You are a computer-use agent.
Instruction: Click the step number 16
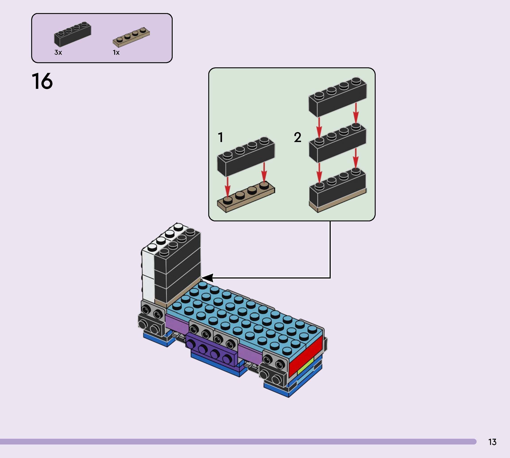click(42, 81)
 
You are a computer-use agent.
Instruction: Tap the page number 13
click(492, 442)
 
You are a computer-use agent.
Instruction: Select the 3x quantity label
click(58, 52)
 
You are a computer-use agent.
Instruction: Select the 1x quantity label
click(116, 52)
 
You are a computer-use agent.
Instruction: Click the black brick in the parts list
click(72, 35)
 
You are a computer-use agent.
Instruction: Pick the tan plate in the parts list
click(131, 38)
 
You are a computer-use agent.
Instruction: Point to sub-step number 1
click(221, 137)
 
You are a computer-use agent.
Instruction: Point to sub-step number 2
click(297, 137)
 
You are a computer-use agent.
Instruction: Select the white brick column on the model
click(148, 272)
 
